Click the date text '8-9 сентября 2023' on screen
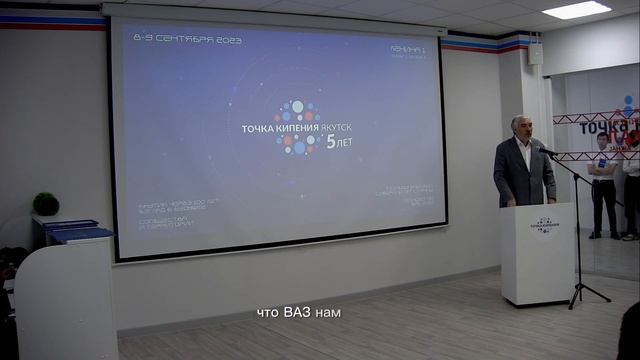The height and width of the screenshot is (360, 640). [187, 38]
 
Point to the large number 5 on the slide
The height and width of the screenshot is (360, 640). [330, 143]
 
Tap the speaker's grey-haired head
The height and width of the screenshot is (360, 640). [520, 127]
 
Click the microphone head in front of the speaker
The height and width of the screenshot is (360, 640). [548, 151]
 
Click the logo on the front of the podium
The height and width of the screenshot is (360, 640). [544, 224]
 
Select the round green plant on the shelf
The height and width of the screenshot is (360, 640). [46, 203]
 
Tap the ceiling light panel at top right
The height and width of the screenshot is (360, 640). [576, 9]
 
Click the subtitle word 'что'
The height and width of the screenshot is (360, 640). [267, 313]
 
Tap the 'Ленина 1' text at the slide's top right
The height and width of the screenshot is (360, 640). [410, 47]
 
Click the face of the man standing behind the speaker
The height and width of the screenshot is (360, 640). [602, 141]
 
